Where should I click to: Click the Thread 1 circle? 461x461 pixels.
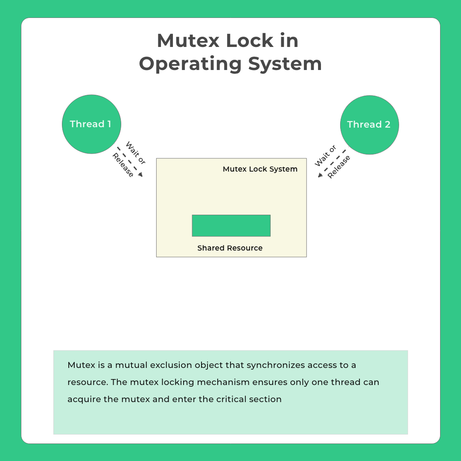pyautogui.click(x=91, y=124)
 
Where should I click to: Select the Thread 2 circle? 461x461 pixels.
pyautogui.click(x=369, y=125)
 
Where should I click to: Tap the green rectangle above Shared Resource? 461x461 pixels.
pyautogui.click(x=231, y=225)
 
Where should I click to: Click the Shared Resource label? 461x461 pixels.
pyautogui.click(x=230, y=248)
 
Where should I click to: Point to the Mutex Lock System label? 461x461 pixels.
pyautogui.click(x=260, y=169)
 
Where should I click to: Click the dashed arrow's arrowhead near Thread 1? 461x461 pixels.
pyautogui.click(x=140, y=174)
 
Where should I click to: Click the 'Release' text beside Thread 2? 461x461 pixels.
pyautogui.click(x=339, y=167)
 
